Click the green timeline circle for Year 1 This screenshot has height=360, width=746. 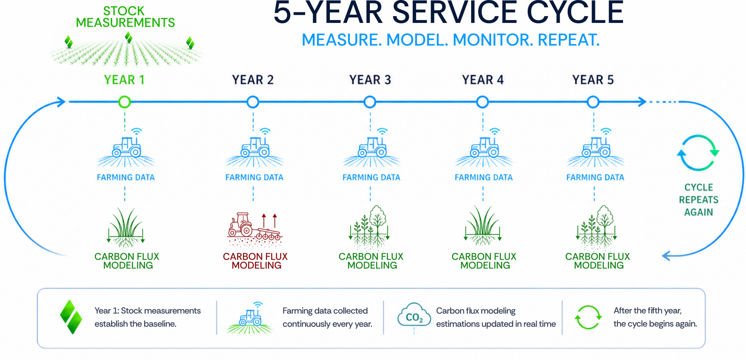(125, 102)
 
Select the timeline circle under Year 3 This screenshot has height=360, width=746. (370, 102)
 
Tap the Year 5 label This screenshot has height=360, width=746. (593, 80)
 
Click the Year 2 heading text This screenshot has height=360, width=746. (253, 80)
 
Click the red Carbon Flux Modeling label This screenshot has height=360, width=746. (255, 261)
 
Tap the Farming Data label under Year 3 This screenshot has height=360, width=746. (372, 177)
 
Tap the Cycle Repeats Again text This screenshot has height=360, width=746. (698, 200)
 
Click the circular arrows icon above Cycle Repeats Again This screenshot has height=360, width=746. (698, 153)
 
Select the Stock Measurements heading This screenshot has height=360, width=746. (125, 17)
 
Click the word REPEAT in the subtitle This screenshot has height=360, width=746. (569, 40)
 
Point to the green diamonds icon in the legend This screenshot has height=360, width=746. (71, 317)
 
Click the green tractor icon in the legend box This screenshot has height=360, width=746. (250, 318)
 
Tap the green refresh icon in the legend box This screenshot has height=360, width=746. (588, 317)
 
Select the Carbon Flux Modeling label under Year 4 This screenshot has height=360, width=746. (484, 261)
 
